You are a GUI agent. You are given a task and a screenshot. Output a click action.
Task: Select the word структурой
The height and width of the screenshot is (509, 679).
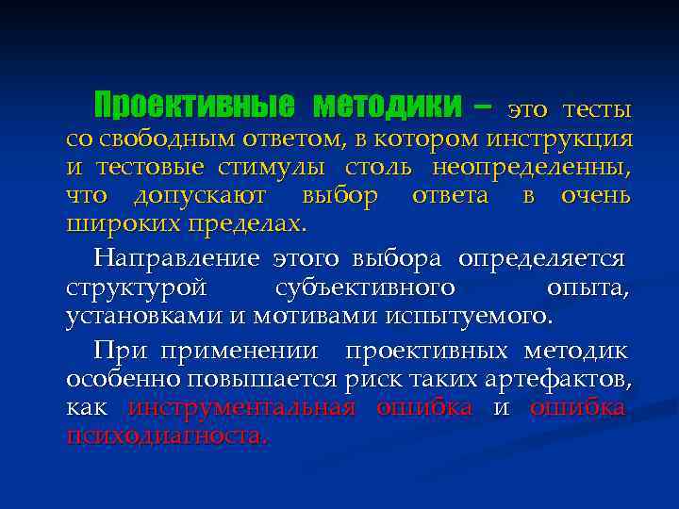pyautogui.click(x=126, y=287)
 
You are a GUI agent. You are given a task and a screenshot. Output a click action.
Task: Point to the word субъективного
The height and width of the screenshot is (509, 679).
pyautogui.click(x=365, y=287)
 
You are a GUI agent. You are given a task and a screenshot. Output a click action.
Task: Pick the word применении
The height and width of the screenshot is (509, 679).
pyautogui.click(x=239, y=351)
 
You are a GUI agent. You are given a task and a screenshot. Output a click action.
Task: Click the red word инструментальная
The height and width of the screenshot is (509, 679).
pyautogui.click(x=240, y=407)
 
